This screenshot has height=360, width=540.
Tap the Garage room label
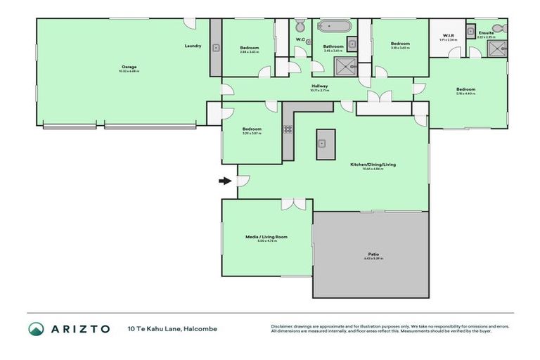(128, 66)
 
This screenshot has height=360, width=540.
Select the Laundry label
(193, 46)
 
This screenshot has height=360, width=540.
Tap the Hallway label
(320, 86)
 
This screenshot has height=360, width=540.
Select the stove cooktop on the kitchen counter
(288, 129)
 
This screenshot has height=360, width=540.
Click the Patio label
(373, 254)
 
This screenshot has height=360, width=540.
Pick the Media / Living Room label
(266, 236)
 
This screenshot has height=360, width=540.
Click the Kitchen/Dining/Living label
(373, 164)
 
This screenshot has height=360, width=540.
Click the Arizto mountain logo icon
(36, 328)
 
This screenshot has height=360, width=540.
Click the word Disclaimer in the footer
(282, 326)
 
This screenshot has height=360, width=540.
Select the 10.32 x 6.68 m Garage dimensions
(128, 71)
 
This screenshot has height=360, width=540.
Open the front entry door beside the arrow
(243, 181)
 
